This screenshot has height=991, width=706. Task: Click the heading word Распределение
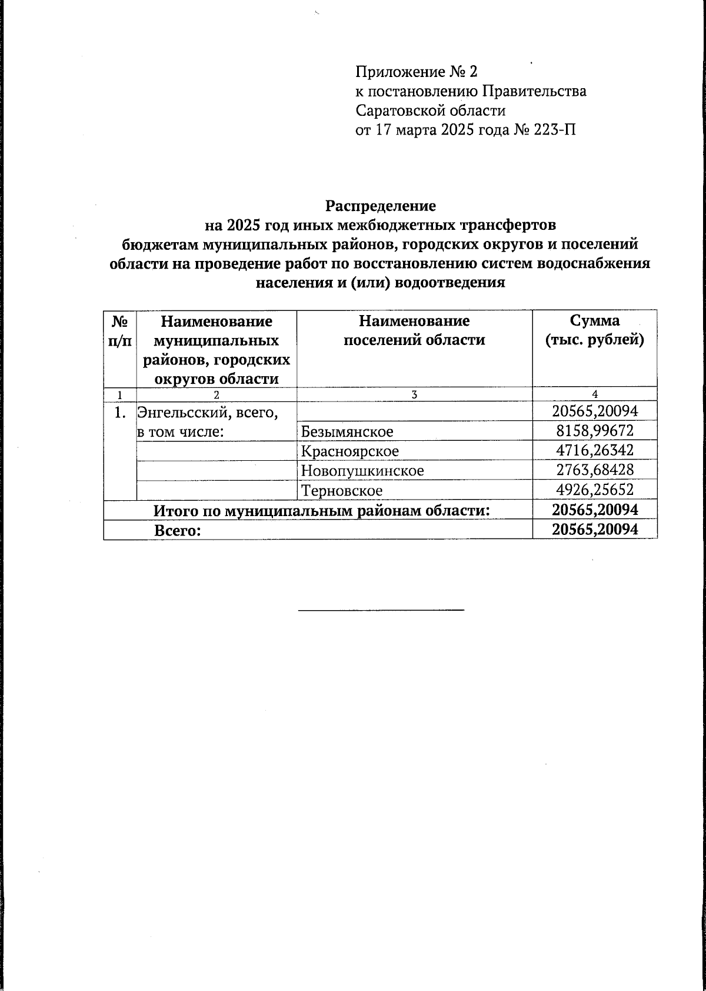381,206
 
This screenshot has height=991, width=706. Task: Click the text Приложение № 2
417,72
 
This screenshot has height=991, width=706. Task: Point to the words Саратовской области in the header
431,111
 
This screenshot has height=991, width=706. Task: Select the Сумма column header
594,330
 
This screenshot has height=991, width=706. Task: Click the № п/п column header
120,330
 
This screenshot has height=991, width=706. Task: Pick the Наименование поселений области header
414,330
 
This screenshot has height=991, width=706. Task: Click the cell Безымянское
347,432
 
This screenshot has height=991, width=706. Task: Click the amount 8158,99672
595,431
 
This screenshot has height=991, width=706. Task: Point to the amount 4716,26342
595,451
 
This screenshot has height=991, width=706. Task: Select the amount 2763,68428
595,470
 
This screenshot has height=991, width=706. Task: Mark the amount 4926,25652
595,490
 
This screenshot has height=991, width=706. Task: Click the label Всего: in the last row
178,531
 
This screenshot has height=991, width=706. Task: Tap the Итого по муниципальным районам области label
322,511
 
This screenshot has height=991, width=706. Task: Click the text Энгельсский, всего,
207,413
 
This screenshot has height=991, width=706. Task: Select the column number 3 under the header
414,395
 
